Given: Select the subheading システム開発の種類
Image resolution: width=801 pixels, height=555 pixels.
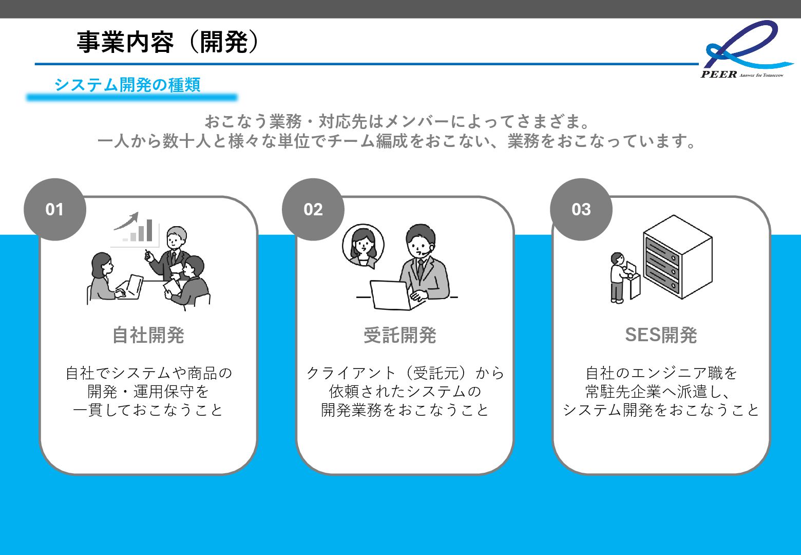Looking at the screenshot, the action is pyautogui.click(x=127, y=85).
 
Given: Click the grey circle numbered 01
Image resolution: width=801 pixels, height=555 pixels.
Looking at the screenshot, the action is pyautogui.click(x=54, y=209).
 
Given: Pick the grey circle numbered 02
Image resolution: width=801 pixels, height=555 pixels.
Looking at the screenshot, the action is pyautogui.click(x=313, y=209).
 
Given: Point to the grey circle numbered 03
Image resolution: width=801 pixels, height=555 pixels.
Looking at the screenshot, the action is pyautogui.click(x=581, y=209).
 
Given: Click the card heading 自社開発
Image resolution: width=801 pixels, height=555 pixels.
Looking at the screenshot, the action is pyautogui.click(x=148, y=335).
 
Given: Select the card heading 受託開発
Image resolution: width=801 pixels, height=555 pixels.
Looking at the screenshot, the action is pyautogui.click(x=400, y=335).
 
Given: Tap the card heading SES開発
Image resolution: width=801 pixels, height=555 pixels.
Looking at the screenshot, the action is pyautogui.click(x=661, y=335).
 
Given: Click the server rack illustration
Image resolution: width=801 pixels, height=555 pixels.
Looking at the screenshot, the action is pyautogui.click(x=677, y=257).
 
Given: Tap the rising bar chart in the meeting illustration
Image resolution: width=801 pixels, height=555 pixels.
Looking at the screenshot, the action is pyautogui.click(x=136, y=229).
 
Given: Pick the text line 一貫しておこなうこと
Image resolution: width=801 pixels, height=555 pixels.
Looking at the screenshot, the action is pyautogui.click(x=148, y=410).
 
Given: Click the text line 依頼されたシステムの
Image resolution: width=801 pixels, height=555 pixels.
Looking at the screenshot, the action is pyautogui.click(x=405, y=392).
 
